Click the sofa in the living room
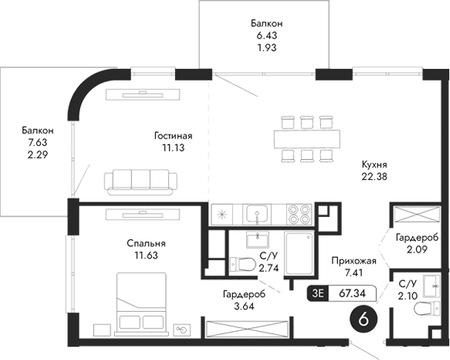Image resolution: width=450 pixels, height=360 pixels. tap(140, 180)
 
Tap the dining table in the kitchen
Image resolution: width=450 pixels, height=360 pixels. tap(306, 138)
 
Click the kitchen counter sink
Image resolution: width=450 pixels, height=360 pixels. tap(257, 215)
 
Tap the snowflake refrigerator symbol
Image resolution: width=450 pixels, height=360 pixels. tap(221, 216)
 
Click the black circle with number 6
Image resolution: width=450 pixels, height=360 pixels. tap(363, 320)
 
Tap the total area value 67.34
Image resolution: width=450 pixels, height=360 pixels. tap(354, 293)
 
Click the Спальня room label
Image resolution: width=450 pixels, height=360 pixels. tap(145, 244)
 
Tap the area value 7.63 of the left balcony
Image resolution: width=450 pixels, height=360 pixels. tap(37, 142)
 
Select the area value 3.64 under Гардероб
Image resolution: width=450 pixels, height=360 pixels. tap(241, 305)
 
